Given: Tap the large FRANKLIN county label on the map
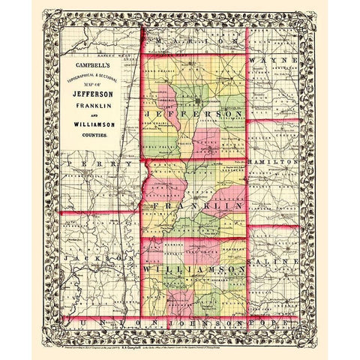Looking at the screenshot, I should tap(196, 204).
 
